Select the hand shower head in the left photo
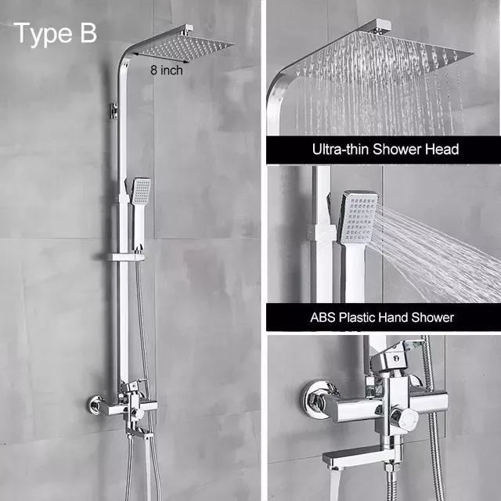(x=141, y=191)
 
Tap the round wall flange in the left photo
(x=95, y=405)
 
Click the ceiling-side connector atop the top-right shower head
(x=380, y=26)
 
